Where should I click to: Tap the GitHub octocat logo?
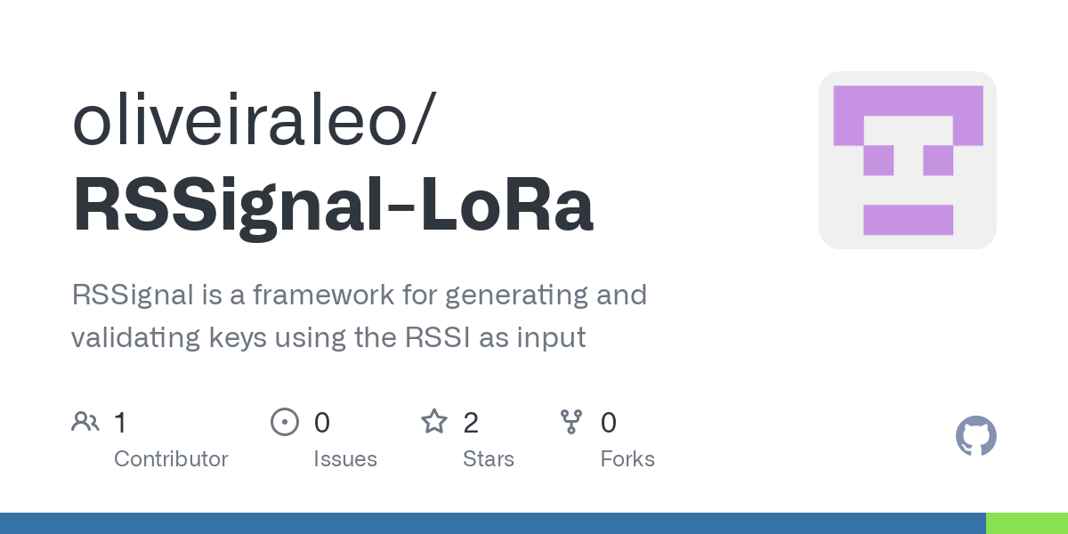975,436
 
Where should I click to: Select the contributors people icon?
85,421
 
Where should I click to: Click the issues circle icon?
285,421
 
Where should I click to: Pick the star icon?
434,421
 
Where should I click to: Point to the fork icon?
571,421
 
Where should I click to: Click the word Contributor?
171,459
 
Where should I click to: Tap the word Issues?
345,459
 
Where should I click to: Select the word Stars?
489,459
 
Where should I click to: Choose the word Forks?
627,459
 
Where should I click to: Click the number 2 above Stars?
471,422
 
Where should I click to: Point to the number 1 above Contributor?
121,422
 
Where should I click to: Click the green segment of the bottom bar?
1026,523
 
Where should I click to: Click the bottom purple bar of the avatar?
908,220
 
